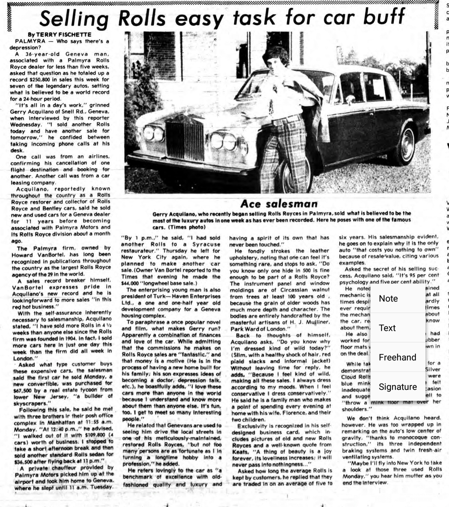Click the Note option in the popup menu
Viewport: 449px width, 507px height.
[388, 299]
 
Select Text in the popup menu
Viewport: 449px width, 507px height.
[387, 328]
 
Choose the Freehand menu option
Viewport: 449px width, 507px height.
[397, 357]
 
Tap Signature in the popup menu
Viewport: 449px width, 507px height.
[397, 387]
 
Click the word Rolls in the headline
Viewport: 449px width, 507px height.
[142, 18]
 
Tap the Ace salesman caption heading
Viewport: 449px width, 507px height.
[279, 204]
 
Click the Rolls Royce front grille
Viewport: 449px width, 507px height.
[185, 141]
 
